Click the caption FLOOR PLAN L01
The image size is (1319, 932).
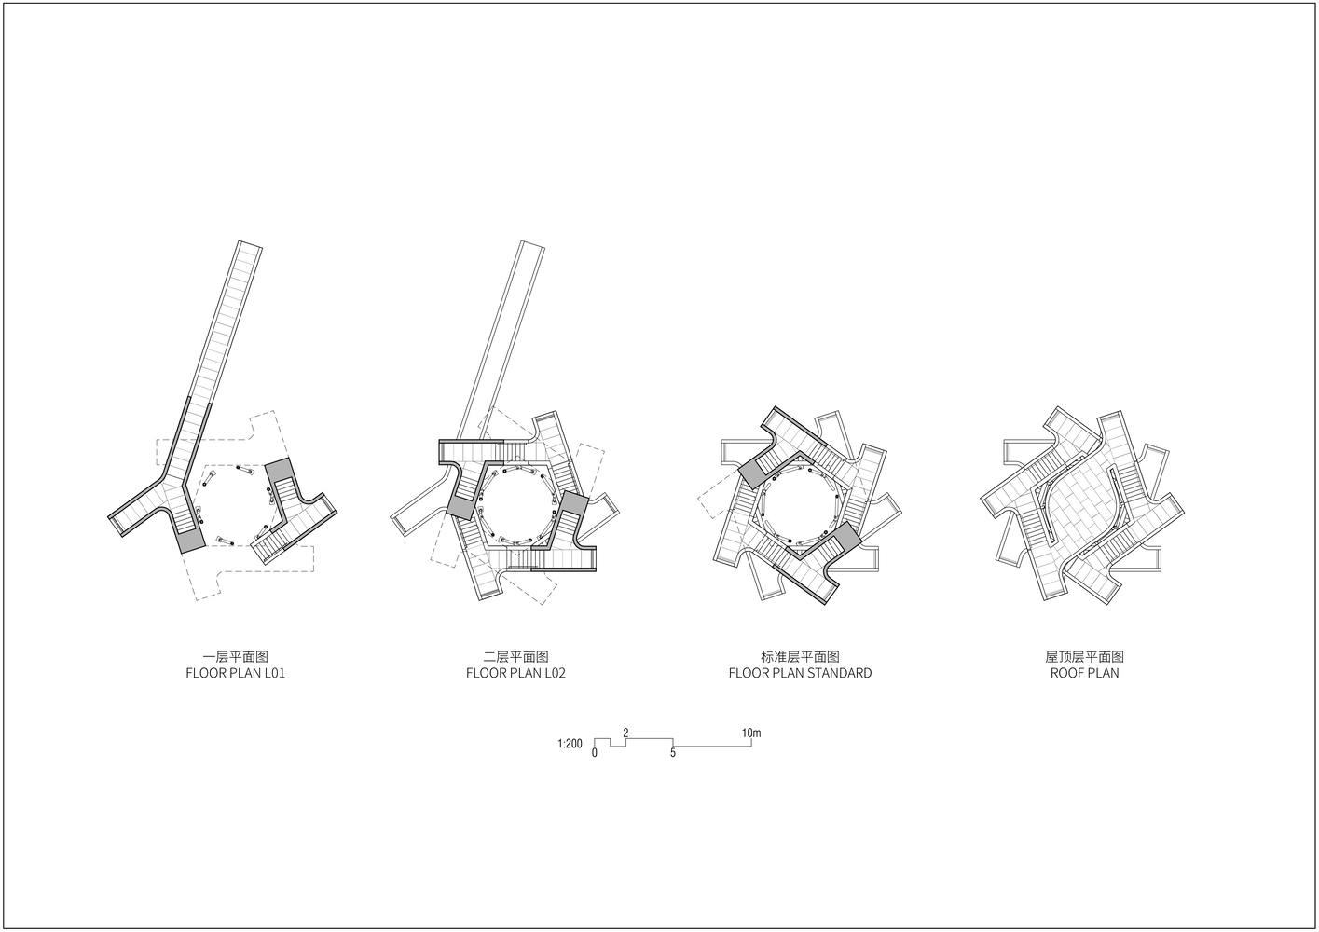[236, 673]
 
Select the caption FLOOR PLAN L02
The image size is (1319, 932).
[515, 673]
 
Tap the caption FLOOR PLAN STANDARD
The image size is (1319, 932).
[800, 673]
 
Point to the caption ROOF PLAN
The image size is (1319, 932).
[1085, 673]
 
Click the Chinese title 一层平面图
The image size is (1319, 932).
[236, 656]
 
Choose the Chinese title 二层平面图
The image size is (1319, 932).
[515, 656]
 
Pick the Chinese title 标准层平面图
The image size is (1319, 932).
[800, 656]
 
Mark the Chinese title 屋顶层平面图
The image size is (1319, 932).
[1085, 656]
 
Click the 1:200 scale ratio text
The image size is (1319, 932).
[570, 744]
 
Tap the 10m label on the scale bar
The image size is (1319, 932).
[751, 733]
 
